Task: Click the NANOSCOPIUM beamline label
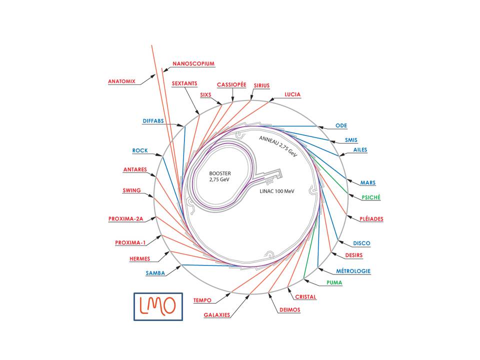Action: (x=193, y=64)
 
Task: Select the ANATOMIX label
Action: (x=121, y=81)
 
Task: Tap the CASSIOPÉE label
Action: (x=231, y=85)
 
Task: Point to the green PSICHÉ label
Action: (x=371, y=197)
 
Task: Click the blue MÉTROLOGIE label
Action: (x=352, y=271)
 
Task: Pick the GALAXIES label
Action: (x=217, y=315)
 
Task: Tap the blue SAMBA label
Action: (x=155, y=273)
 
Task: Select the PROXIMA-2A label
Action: (x=126, y=219)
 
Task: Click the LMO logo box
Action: (x=158, y=305)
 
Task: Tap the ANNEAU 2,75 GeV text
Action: (x=277, y=146)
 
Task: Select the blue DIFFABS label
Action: (x=153, y=121)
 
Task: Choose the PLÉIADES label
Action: (x=371, y=219)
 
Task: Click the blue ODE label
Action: (x=341, y=125)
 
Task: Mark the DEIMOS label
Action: (x=289, y=310)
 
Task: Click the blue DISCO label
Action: (x=361, y=243)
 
